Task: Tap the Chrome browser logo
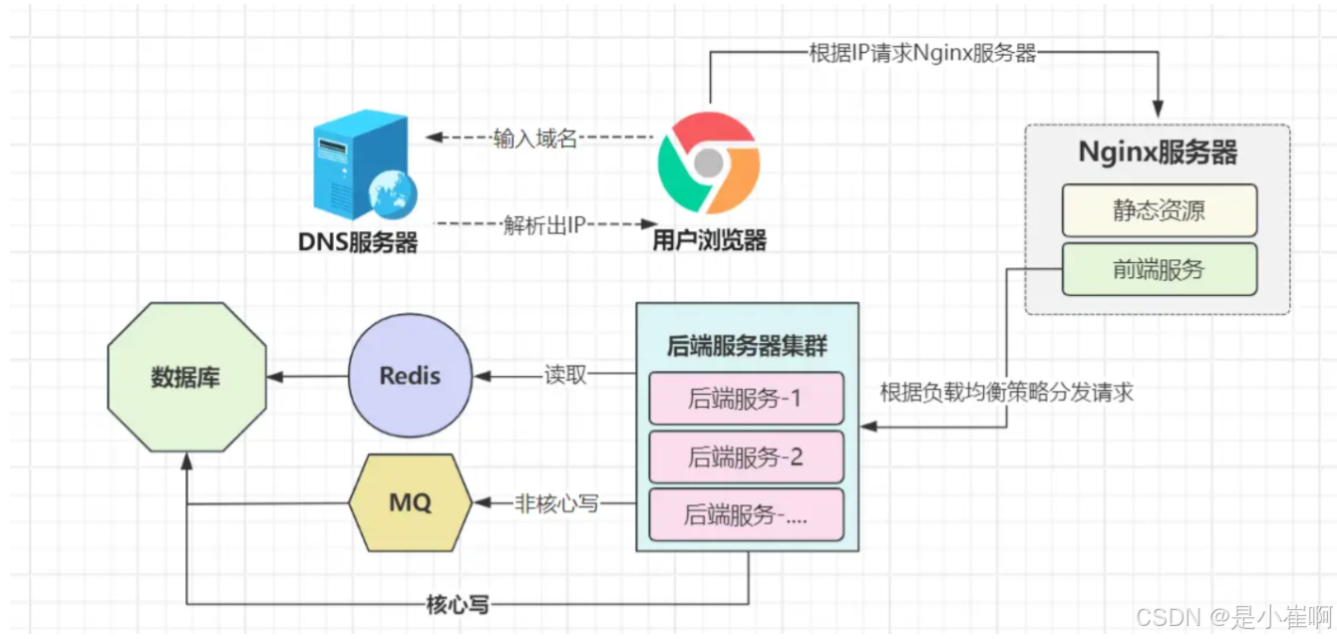(x=709, y=162)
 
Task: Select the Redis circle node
(x=410, y=376)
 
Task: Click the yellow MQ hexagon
(x=410, y=502)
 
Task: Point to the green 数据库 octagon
(x=186, y=378)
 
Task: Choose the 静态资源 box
(x=1159, y=210)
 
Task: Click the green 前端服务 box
(x=1159, y=269)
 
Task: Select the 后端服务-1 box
(x=746, y=399)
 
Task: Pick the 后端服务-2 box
(x=746, y=458)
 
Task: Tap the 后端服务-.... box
(x=746, y=515)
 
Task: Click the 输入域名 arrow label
(x=535, y=139)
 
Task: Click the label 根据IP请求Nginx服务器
(x=922, y=53)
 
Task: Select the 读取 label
(x=565, y=376)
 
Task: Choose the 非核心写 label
(x=556, y=502)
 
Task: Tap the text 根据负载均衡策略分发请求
(x=1007, y=392)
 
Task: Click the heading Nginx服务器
(x=1158, y=153)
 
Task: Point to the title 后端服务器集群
(x=747, y=346)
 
